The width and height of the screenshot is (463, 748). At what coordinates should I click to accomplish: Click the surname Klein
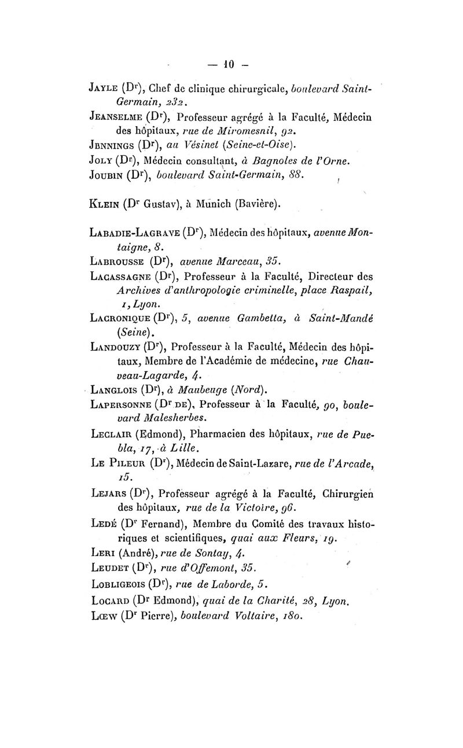[103, 203]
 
